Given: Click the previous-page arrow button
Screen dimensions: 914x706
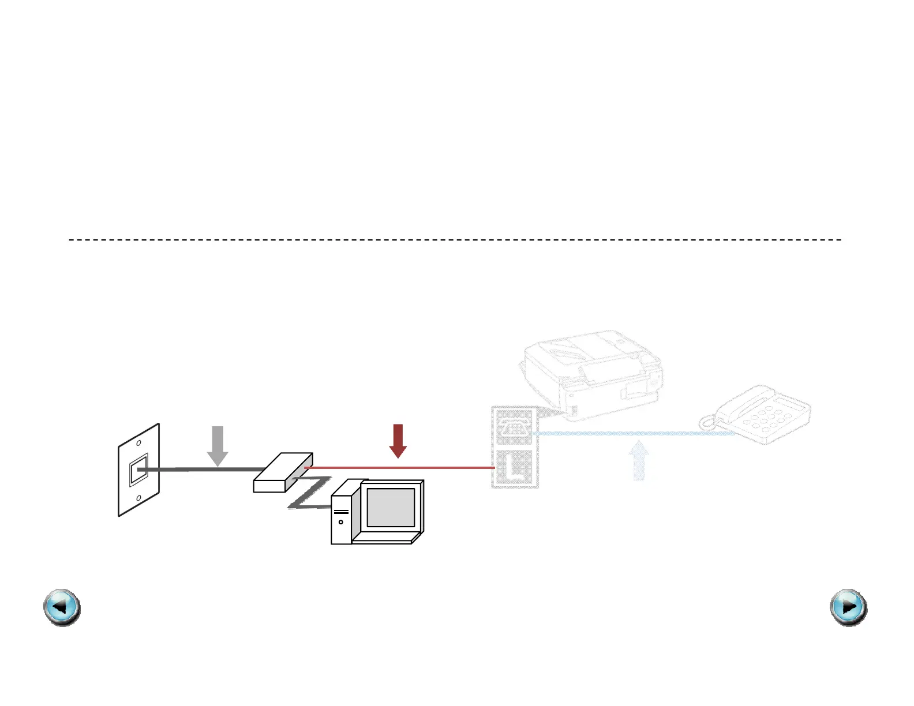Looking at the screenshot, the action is pos(62,607).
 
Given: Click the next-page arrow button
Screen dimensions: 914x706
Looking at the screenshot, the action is pos(848,607).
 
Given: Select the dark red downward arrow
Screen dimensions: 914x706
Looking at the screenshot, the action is pos(398,440).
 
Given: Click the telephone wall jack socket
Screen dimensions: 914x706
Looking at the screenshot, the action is pos(138,470).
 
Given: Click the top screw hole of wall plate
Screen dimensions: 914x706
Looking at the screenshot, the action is pos(139,443).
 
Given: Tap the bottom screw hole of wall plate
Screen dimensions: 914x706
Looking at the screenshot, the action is pos(139,498).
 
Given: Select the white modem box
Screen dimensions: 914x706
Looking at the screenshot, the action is pos(283,473).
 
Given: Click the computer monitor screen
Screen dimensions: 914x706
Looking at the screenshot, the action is pos(391,507).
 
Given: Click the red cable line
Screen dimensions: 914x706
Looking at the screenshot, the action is pos(404,468).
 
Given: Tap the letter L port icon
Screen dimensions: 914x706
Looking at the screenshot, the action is pos(515,467).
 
